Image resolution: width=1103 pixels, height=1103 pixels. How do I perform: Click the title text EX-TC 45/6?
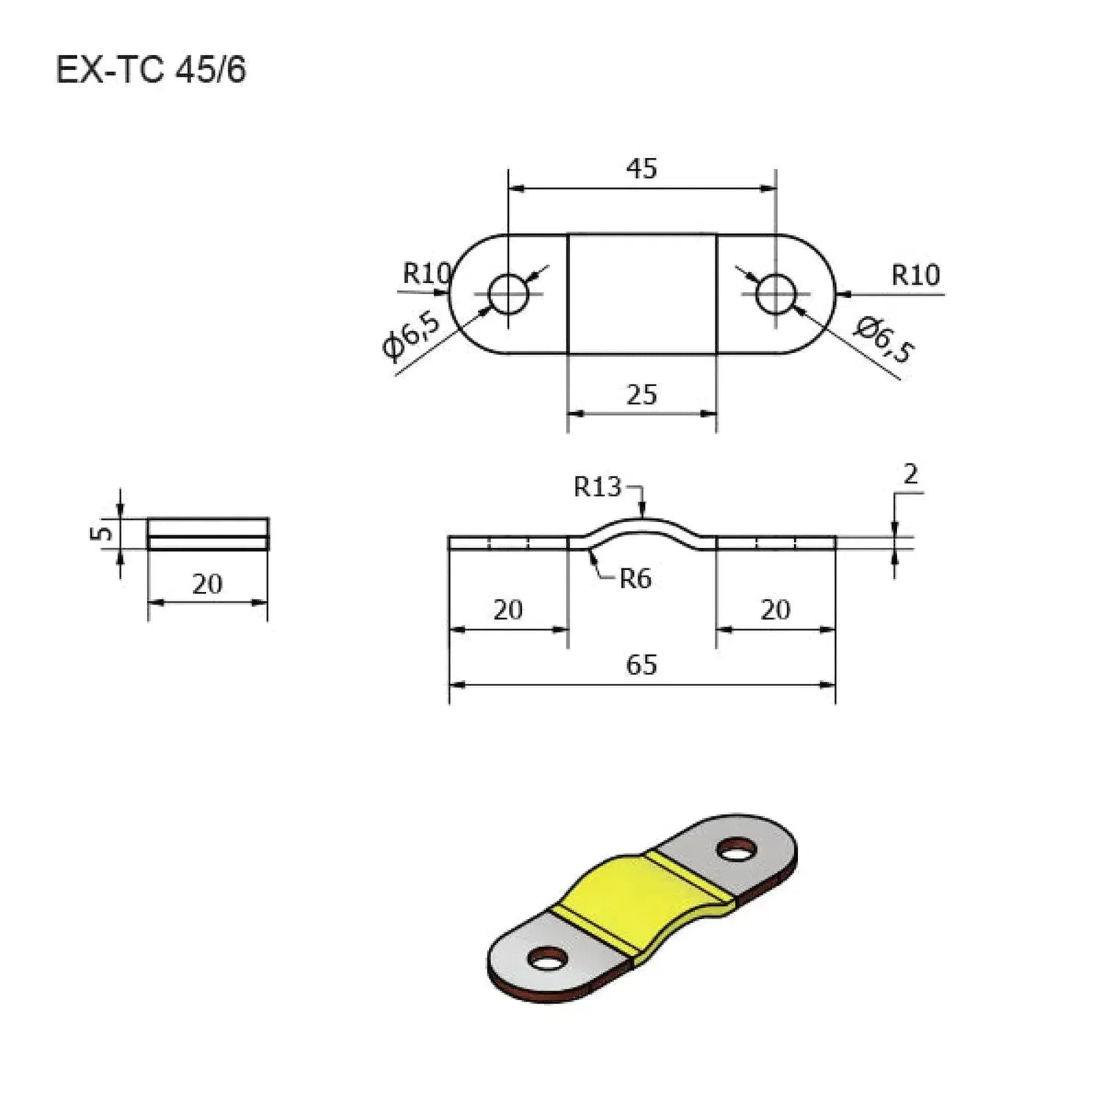[x=151, y=71]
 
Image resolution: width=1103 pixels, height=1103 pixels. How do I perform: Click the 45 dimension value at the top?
[x=641, y=168]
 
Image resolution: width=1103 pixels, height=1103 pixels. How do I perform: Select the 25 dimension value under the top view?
[x=641, y=395]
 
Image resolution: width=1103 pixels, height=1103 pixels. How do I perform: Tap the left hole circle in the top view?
[x=508, y=293]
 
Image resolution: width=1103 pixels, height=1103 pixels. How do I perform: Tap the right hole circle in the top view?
[x=777, y=293]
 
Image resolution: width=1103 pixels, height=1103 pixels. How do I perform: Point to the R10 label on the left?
[x=426, y=274]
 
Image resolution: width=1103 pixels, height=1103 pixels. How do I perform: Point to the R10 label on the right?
[x=915, y=275]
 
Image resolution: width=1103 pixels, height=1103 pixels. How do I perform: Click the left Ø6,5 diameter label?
[x=413, y=335]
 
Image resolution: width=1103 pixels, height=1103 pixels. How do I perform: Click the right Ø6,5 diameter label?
[x=883, y=339]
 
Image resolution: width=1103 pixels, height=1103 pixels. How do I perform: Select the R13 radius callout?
[x=597, y=487]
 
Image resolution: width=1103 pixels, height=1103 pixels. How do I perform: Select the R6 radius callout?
[x=635, y=579]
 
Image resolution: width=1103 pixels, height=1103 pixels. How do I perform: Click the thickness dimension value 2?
[x=910, y=475]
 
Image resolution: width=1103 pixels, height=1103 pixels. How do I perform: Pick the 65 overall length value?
[x=641, y=665]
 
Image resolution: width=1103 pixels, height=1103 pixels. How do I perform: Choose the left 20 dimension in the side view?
[x=508, y=610]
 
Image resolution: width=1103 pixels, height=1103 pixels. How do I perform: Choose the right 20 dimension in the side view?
[x=776, y=610]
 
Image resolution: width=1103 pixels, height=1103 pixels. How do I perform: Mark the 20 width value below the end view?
[x=207, y=584]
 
